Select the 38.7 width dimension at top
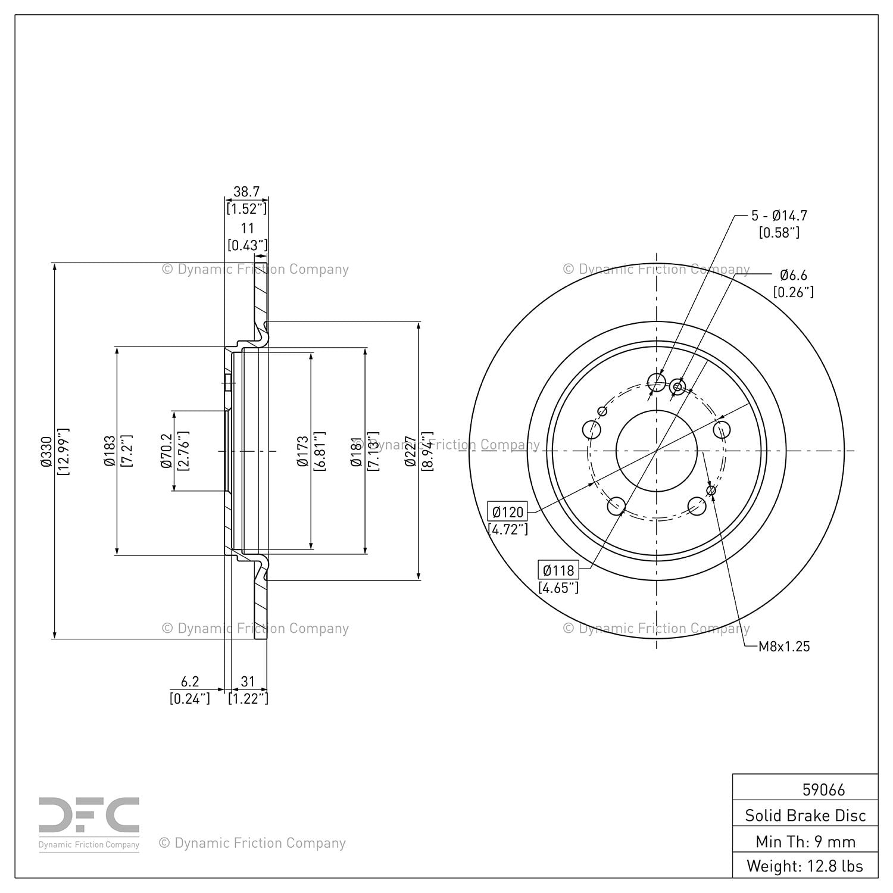tap(246, 192)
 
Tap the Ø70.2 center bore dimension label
tap(167, 451)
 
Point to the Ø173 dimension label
tap(304, 451)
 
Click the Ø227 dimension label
tap(410, 451)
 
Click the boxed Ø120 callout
tap(508, 511)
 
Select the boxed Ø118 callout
tap(558, 570)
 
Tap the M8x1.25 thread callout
tap(784, 647)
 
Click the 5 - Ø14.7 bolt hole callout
tap(779, 216)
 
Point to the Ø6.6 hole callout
tap(794, 275)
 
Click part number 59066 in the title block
tap(824, 790)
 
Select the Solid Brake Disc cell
tap(805, 815)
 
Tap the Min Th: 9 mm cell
tap(805, 841)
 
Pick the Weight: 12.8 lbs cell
tap(805, 866)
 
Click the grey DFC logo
tap(89, 816)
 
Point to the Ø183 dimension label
tap(110, 451)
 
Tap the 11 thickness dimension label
tap(247, 228)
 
